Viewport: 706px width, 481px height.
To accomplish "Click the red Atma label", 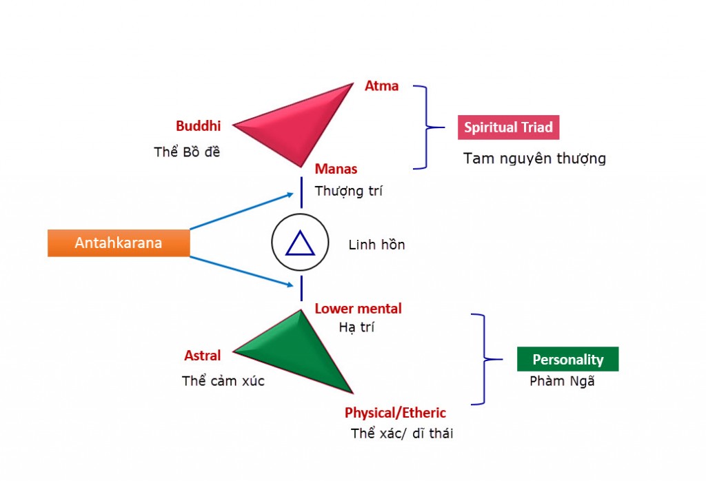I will click(x=381, y=87).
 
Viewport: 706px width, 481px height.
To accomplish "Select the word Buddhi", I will click(x=198, y=126).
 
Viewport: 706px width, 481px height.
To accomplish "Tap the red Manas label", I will click(x=336, y=169).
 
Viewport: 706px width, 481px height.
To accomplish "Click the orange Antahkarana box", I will click(x=119, y=243).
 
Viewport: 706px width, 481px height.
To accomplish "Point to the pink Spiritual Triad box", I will click(x=509, y=127).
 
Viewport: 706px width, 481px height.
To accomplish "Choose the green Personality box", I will click(x=567, y=359).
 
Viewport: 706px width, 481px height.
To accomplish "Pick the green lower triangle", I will click(x=303, y=355).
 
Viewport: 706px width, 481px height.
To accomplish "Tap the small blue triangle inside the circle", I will click(x=300, y=244).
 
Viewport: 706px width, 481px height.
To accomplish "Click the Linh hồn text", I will click(x=376, y=245).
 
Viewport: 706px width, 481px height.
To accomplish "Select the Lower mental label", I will click(x=358, y=309).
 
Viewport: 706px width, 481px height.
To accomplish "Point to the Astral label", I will click(x=202, y=356).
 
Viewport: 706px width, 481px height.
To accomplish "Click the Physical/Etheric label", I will click(x=395, y=413).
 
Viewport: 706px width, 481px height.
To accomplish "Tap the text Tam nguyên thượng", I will click(x=534, y=158).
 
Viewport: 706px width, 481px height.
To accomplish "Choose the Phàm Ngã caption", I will click(x=562, y=380).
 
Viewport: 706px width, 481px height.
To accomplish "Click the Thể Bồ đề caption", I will click(x=187, y=152).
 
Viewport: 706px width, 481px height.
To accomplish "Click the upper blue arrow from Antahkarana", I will click(x=241, y=211).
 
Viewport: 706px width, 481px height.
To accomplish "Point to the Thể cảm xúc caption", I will click(x=223, y=380).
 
